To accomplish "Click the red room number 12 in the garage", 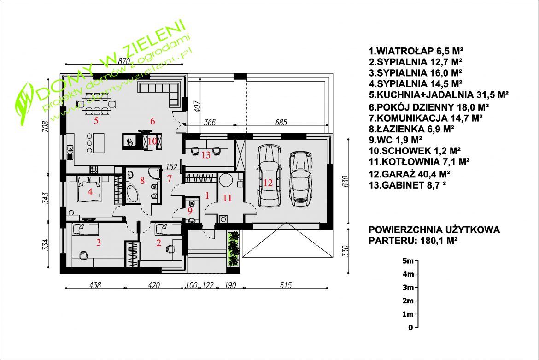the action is pos(268,183).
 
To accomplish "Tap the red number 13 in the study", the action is pos(206,155).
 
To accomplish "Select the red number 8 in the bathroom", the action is pos(142,180).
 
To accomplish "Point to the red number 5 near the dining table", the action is pos(96,121).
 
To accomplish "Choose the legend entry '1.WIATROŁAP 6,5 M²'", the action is pos(416,51).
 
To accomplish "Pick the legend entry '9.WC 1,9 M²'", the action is pos(395,140).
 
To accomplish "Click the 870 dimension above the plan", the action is pos(124,61).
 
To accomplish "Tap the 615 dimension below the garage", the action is pos(286,285).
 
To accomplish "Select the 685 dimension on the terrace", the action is pos(281,122).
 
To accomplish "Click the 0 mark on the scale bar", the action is pos(410,328).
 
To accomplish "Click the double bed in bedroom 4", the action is pos(90,189).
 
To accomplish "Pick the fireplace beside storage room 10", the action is pos(130,142).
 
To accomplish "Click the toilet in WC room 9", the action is pos(192,204).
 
